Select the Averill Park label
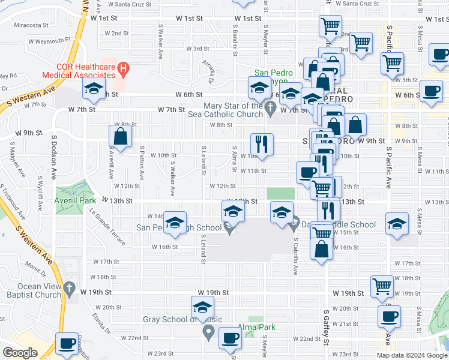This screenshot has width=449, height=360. tap(72, 200)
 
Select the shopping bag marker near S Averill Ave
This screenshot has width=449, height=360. tap(121, 136)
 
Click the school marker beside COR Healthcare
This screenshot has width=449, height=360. tap(94, 90)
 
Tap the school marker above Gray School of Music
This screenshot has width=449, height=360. tap(202, 308)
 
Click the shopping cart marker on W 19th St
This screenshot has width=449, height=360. tap(382, 286)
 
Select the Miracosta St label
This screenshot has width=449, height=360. tap(31, 25)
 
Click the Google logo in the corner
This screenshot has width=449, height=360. tap(20, 353)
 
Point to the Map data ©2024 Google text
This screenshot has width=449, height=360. tap(411, 355)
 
